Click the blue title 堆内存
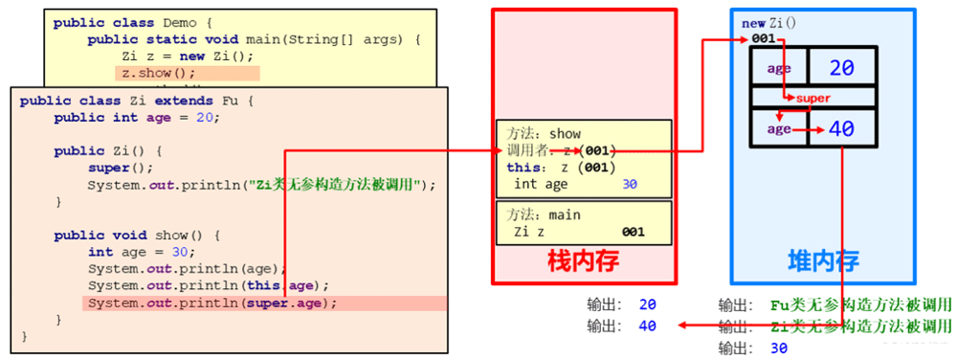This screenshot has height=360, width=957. click(822, 260)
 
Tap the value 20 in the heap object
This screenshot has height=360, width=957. click(841, 68)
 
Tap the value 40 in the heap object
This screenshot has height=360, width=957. click(841, 129)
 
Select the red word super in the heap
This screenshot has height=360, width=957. click(813, 98)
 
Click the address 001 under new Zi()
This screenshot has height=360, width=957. click(763, 38)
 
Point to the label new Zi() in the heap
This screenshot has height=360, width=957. click(769, 23)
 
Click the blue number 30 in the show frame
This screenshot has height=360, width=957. click(629, 184)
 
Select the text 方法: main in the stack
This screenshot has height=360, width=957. click(546, 215)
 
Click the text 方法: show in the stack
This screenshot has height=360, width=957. click(546, 134)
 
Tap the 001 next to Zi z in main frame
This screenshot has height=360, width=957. click(633, 232)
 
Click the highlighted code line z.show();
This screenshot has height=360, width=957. click(157, 72)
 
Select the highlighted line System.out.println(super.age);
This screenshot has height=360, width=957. click(213, 304)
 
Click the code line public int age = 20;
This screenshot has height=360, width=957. click(137, 118)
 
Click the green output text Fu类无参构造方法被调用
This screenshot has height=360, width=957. click(860, 305)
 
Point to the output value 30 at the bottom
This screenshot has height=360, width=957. click(779, 348)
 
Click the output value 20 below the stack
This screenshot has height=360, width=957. click(648, 305)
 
